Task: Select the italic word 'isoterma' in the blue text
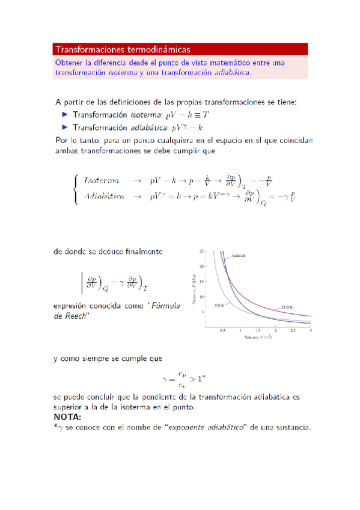(123, 73)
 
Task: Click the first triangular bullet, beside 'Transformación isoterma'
(65, 114)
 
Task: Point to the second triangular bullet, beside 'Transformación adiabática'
(65, 127)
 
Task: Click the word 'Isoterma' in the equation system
(101, 180)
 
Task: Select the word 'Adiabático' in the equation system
(105, 196)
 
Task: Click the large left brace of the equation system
(75, 188)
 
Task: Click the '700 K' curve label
(219, 306)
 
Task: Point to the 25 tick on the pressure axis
(201, 250)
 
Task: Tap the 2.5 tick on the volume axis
(293, 331)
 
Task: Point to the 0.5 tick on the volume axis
(222, 331)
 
